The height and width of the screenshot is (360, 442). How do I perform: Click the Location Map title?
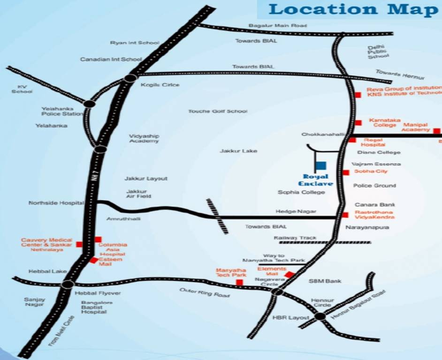click(x=353, y=9)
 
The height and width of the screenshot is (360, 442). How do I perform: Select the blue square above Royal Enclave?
click(x=320, y=166)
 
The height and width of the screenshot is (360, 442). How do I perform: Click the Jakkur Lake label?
click(x=238, y=151)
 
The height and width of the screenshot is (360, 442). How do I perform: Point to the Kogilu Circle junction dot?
click(x=130, y=78)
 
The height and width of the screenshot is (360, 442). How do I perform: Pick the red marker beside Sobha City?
click(x=346, y=172)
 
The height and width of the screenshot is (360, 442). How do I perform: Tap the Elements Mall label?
click(x=272, y=271)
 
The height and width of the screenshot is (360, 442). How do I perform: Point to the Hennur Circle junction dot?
click(x=320, y=316)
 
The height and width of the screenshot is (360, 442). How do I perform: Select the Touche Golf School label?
click(x=218, y=111)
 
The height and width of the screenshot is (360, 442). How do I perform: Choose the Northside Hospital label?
click(x=56, y=203)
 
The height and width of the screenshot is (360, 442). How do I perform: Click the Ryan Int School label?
click(x=135, y=43)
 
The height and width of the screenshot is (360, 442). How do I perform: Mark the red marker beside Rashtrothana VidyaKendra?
click(x=346, y=215)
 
